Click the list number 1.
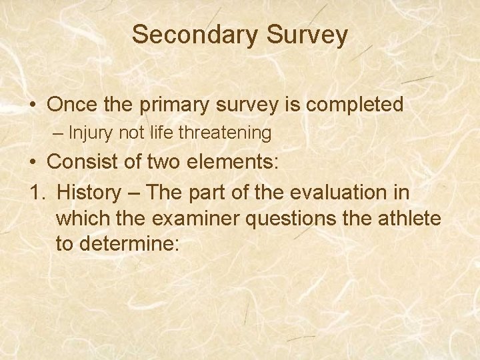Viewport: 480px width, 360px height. point(36,192)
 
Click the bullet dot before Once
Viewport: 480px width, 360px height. point(33,105)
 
